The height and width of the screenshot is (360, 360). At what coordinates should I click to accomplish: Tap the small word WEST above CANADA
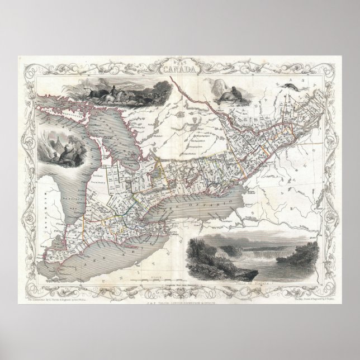coord(180,63)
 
